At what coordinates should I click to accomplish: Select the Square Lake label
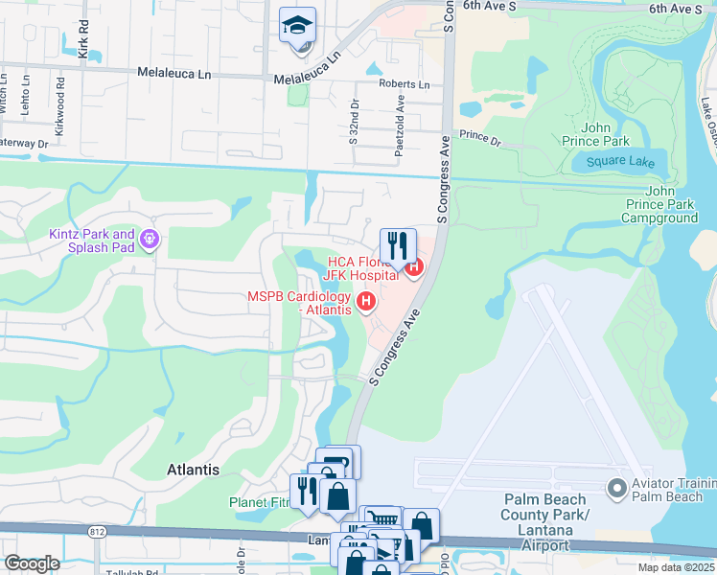pos(620,162)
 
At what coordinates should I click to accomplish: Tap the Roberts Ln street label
pos(405,84)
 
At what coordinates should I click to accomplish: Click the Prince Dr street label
pos(479,136)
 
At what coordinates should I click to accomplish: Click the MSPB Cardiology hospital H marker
pos(365,303)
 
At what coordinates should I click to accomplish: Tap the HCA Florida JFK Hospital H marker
pos(414,266)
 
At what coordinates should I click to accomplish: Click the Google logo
pos(32,564)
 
